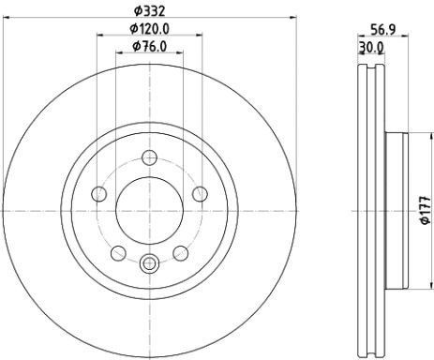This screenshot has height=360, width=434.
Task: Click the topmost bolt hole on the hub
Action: pos(149,158)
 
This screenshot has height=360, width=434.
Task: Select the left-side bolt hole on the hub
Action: pos(99,194)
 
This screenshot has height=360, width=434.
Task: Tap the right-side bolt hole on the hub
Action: pos(199,194)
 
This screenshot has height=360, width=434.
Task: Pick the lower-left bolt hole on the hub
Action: pos(118,252)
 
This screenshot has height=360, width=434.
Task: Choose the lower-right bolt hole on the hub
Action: pos(179,252)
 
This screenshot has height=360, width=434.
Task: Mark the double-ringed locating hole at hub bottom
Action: pos(149,264)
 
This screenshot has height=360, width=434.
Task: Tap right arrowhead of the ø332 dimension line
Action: pos(292,16)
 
